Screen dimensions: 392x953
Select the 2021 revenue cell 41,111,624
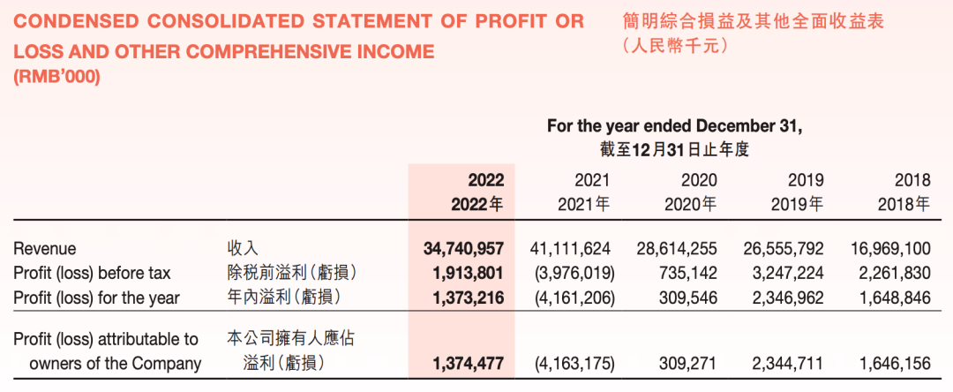[x=572, y=249]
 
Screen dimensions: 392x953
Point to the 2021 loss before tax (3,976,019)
[x=572, y=273]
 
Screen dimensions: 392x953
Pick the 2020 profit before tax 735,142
[x=687, y=273]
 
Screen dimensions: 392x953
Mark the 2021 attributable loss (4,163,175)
[x=572, y=363]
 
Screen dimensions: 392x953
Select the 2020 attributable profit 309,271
[x=687, y=363]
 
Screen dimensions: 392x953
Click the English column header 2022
[x=485, y=180]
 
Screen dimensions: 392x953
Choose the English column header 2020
[x=699, y=180]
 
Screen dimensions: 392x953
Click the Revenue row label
[x=45, y=249]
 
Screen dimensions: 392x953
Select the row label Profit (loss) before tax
[x=92, y=273]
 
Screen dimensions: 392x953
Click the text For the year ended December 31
[x=674, y=126]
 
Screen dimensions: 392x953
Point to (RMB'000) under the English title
[x=57, y=78]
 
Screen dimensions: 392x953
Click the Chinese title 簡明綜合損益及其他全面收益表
[x=753, y=20]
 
